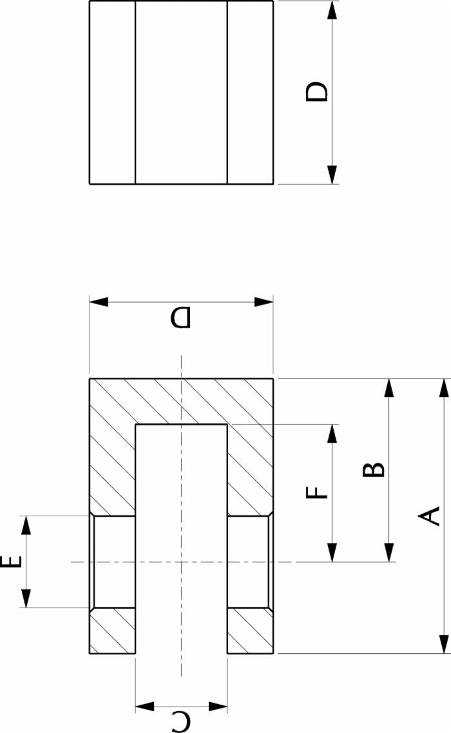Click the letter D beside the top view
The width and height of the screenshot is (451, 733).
(316, 92)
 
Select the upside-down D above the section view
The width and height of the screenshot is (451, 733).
(180, 317)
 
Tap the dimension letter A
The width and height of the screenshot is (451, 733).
(428, 516)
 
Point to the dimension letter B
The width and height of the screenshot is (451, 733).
(374, 469)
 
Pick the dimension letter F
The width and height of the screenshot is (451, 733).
(317, 493)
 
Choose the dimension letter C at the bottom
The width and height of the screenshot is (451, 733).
(180, 721)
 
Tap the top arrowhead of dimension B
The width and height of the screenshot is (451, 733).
(389, 388)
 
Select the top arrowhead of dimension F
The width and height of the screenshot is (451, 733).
(332, 434)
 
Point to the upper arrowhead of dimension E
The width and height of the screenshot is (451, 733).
(26, 525)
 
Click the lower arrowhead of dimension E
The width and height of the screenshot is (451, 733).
(26, 598)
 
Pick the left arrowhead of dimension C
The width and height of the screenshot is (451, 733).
(144, 707)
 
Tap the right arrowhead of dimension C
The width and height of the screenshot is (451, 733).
(218, 707)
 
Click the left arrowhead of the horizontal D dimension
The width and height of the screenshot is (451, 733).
(99, 302)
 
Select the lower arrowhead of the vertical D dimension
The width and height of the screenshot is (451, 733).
(332, 175)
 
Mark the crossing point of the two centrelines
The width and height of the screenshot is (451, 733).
(181, 561)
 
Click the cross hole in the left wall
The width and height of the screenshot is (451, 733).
(113, 562)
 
